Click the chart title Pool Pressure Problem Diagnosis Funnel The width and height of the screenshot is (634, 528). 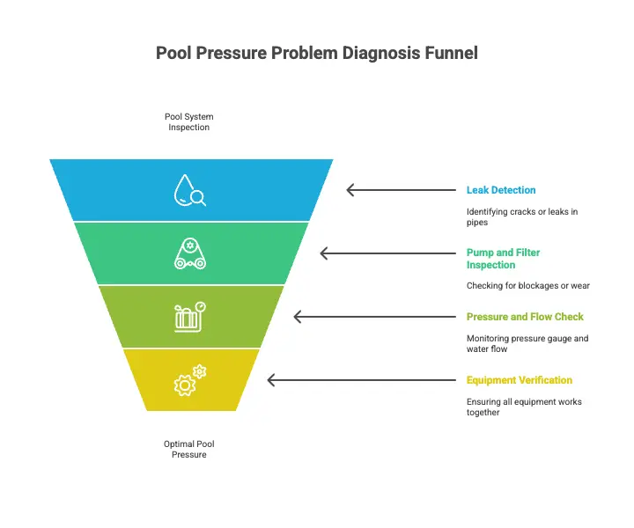(x=317, y=53)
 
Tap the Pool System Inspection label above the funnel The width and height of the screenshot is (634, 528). (x=188, y=121)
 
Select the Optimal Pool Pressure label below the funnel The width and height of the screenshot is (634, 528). (x=188, y=449)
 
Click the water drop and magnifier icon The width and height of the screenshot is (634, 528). (x=189, y=190)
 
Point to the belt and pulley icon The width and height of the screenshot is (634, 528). (x=189, y=253)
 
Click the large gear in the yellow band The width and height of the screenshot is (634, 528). (x=184, y=385)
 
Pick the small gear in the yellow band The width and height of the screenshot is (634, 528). (x=199, y=371)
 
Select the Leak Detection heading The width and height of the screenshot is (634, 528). (x=501, y=190)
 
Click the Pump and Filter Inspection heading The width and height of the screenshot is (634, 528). (x=503, y=259)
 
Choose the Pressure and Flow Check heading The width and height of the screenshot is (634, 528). (x=525, y=317)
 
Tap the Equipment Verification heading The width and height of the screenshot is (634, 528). (x=520, y=380)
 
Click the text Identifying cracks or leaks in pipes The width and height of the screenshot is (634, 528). (x=522, y=217)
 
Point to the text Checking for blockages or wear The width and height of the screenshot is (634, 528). (x=528, y=286)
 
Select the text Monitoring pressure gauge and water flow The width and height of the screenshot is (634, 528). (x=527, y=343)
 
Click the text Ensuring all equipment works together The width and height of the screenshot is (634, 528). (x=524, y=407)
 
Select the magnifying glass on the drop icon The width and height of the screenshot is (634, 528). (x=198, y=197)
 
